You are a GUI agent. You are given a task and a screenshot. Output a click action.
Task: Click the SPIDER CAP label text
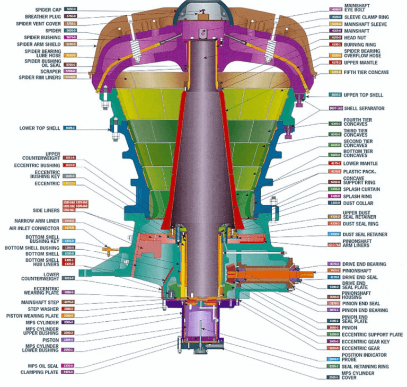pos(48,10)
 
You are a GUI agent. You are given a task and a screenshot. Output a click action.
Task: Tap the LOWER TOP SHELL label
pos(41,128)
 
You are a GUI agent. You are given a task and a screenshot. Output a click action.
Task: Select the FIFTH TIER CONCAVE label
pos(366,72)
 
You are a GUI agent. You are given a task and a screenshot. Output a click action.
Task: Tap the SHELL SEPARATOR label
pos(364,109)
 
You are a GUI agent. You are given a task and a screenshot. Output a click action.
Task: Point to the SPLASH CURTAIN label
pos(361,189)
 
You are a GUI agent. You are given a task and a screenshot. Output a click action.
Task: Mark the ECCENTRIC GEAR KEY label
pos(364,341)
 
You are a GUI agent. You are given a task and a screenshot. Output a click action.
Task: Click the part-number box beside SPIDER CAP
pos(70,10)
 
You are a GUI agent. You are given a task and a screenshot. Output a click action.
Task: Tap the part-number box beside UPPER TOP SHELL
pos(335,95)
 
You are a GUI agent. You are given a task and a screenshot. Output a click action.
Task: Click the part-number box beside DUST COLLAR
pos(335,203)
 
